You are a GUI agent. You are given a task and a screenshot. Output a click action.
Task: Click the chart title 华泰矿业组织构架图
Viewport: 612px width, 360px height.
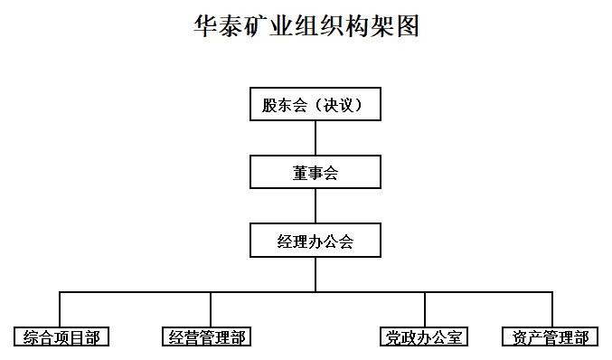306,26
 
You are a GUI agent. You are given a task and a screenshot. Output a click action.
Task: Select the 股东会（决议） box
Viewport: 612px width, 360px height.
315,105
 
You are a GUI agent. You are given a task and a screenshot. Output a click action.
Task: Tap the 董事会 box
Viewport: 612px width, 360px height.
315,173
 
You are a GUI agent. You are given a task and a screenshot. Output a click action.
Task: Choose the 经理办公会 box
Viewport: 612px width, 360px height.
315,242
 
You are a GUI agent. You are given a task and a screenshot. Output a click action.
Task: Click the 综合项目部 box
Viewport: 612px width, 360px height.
61,337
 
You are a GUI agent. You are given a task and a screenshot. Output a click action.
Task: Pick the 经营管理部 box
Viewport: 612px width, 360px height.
207,337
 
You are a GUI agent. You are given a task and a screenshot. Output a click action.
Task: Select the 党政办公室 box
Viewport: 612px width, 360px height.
424,337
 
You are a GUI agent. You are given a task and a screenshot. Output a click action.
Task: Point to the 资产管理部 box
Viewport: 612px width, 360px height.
551,337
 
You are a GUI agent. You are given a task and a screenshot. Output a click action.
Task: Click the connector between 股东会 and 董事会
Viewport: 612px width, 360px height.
315,138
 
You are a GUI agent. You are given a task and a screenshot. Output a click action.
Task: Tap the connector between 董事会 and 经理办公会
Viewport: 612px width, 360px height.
315,206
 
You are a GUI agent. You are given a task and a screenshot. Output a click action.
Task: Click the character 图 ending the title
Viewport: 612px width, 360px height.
408,26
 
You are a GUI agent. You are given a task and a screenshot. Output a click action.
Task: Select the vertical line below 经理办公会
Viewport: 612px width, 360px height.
315,275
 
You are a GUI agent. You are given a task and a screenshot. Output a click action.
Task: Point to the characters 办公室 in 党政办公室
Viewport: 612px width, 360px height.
438,337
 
